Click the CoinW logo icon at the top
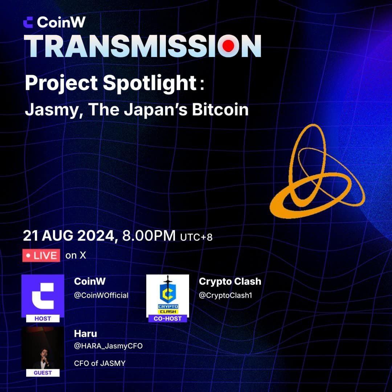coord(28,22)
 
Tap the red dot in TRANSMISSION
coord(228,46)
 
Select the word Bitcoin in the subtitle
coord(220,110)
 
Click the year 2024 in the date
coord(96,236)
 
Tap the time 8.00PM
coord(149,236)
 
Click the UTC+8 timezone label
coord(196,237)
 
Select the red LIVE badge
coord(41,256)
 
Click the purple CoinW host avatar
coord(43,296)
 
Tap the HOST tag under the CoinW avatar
coord(43,319)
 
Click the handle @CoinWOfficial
coord(101,295)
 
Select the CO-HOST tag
coord(167,319)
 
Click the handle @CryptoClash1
coord(225,295)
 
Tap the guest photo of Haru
coord(43,348)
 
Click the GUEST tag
coord(43,373)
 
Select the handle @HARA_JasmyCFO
coord(108,346)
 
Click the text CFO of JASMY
coord(100,363)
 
